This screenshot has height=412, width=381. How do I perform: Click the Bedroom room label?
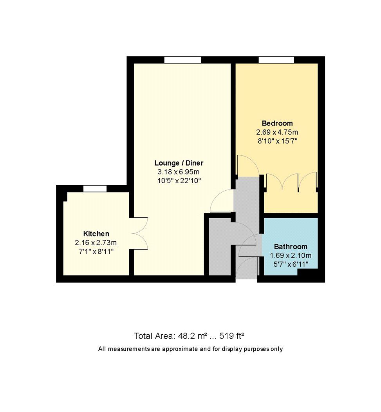click(277, 123)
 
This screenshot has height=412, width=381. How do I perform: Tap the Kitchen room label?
click(96, 233)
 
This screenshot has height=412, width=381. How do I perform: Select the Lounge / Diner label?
click(179, 163)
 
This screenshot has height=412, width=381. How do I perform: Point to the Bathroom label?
click(290, 247)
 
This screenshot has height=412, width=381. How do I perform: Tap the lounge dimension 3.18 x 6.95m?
click(179, 172)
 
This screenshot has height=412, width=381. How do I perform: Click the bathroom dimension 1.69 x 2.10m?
click(290, 255)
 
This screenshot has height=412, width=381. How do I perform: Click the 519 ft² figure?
click(233, 336)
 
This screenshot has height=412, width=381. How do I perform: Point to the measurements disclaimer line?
click(190, 349)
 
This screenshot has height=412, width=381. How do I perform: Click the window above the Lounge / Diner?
click(182, 60)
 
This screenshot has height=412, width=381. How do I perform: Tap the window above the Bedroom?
click(276, 60)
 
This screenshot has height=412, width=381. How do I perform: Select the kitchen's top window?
click(95, 189)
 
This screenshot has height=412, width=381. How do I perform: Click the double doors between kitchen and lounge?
click(139, 233)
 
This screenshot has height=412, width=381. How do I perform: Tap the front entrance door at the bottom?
click(247, 267)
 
